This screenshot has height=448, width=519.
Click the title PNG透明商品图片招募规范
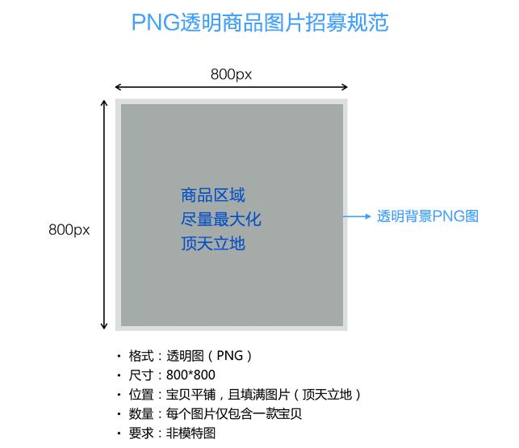point(259,22)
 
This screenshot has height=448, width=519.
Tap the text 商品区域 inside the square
point(213,195)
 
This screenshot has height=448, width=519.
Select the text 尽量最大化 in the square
point(221,220)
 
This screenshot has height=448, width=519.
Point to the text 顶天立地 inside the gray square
point(213,243)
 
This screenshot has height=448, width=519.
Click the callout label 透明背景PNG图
point(428,216)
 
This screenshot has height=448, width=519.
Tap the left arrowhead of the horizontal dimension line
point(118,87)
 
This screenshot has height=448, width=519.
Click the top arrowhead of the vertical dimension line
point(104,103)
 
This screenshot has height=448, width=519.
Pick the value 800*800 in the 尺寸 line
point(190,375)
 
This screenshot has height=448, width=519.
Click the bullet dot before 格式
point(119,356)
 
